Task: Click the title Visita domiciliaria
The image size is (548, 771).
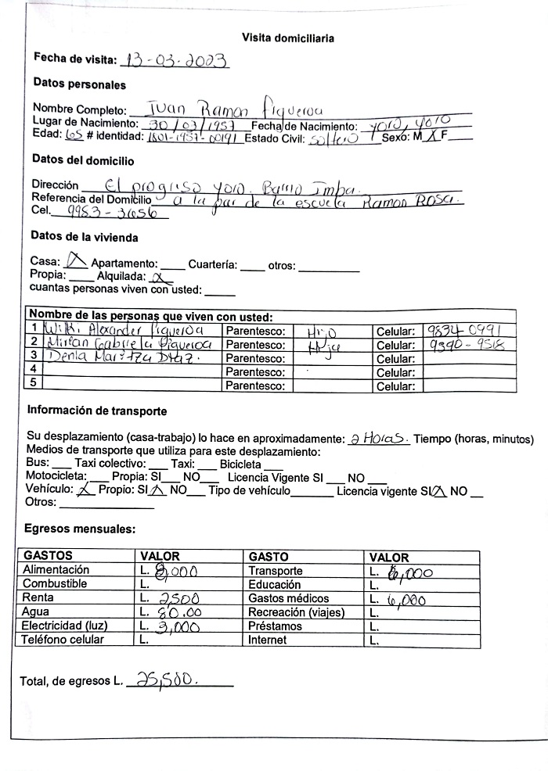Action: [x=288, y=38]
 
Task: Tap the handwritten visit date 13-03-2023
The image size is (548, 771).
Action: [x=174, y=60]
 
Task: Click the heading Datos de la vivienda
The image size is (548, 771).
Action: [x=84, y=236]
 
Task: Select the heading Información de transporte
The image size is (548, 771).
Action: [x=97, y=411]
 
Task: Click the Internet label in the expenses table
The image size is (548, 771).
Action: [x=267, y=640]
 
